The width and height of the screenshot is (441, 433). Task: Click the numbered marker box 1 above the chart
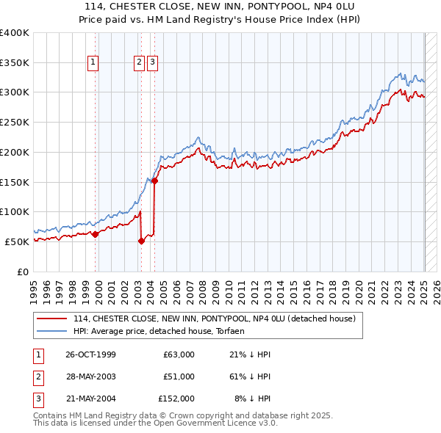(x=94, y=63)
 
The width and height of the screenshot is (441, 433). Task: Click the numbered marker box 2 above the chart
(x=139, y=63)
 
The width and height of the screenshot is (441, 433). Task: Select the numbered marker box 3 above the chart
(x=152, y=63)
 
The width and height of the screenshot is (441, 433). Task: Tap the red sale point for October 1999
(x=96, y=234)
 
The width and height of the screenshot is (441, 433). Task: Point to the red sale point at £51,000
(x=141, y=241)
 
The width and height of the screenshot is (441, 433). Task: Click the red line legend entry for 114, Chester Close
(x=214, y=319)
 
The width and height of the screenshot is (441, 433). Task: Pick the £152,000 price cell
(x=176, y=399)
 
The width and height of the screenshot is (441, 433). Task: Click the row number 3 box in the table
(x=37, y=399)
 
